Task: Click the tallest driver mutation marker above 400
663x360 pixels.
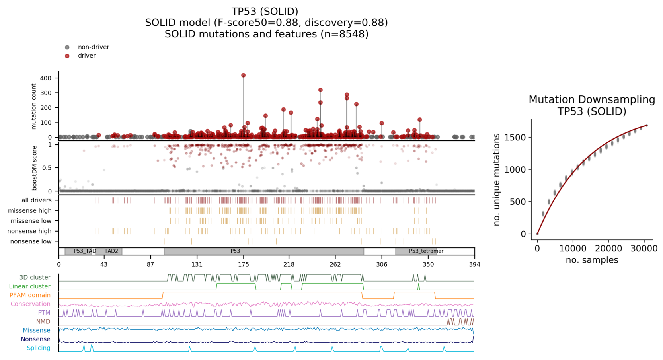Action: [x=243, y=75]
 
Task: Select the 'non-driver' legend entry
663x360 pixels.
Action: [x=93, y=47]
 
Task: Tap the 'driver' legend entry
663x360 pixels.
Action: [x=86, y=56]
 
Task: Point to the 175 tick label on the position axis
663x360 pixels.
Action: [x=243, y=264]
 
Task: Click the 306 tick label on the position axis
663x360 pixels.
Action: [x=381, y=264]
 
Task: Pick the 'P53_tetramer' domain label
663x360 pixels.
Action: [x=426, y=251]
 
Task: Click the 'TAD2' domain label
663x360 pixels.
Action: [x=111, y=251]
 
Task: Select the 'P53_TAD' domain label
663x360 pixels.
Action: [x=85, y=251]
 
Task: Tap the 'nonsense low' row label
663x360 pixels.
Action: [x=31, y=241]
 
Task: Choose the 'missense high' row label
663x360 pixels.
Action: [x=30, y=210]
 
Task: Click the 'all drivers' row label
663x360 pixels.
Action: [x=36, y=200]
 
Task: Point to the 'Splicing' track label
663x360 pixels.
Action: [x=39, y=348]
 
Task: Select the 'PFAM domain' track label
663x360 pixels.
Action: [x=30, y=295]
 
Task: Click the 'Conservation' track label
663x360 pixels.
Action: [x=30, y=304]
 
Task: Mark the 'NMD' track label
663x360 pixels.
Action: [x=43, y=321]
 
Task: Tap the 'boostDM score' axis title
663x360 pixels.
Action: [x=34, y=168]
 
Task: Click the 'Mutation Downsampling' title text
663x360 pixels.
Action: [x=591, y=99]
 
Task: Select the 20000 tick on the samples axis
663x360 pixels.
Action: [x=608, y=249]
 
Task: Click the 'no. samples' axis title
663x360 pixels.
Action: [x=592, y=260]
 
